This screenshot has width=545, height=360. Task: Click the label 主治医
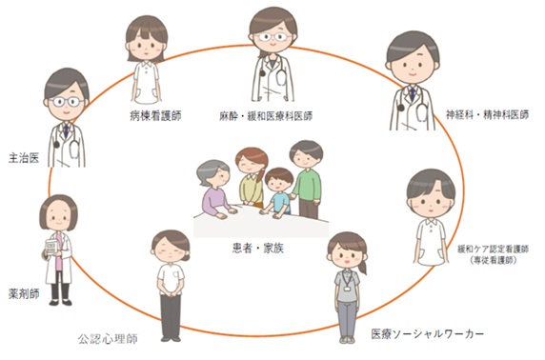point(24,158)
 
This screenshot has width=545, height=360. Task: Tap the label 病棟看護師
point(155,116)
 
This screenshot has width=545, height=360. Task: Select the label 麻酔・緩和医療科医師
point(266,116)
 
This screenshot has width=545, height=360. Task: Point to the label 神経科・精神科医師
point(487,114)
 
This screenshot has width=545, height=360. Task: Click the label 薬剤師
point(24,293)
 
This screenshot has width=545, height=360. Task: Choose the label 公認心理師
point(108,339)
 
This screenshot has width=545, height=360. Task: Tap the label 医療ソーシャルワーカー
point(428,334)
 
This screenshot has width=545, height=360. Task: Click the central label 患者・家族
point(258,249)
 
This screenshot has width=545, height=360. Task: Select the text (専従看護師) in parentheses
point(493,260)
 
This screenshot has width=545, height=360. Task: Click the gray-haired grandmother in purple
point(215,190)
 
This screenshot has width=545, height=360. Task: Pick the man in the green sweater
point(307,179)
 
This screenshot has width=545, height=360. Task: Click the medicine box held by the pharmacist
point(51,247)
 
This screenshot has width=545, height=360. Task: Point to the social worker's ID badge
point(347,288)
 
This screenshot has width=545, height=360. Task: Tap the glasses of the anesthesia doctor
point(273,36)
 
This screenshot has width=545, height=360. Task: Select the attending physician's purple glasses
point(66,102)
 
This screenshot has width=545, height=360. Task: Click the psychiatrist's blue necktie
point(413,94)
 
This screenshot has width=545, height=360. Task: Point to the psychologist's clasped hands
point(171,290)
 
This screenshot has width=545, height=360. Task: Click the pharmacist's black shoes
point(60,302)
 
